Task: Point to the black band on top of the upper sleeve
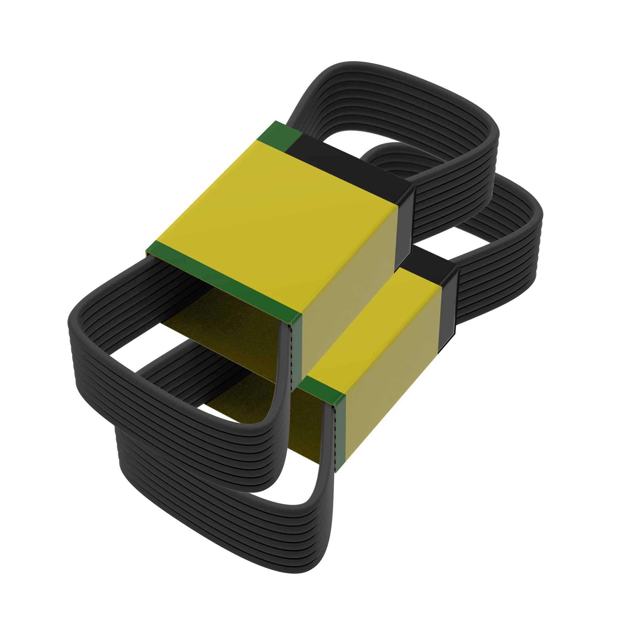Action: click(352, 166)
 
